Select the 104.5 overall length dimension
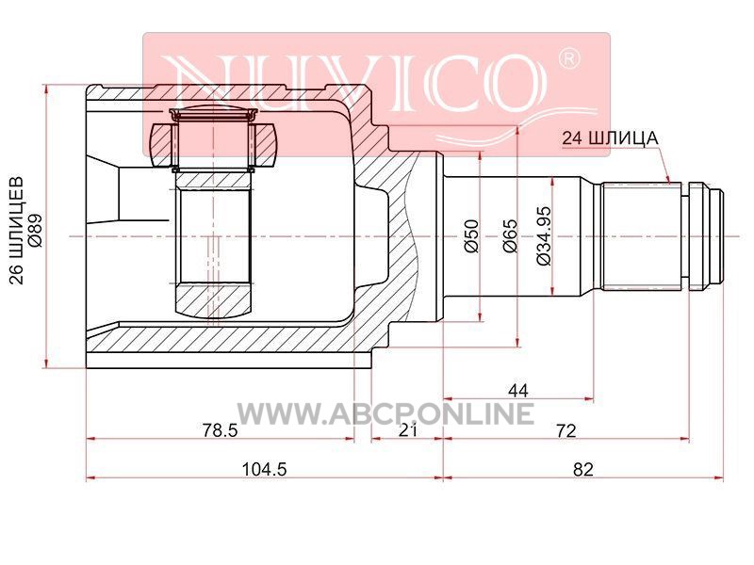(x=264, y=469)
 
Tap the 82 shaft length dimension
(x=582, y=469)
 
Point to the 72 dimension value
(x=565, y=430)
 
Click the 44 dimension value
(x=517, y=391)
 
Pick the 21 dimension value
(x=408, y=430)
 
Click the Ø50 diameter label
(x=472, y=235)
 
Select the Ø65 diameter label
(x=510, y=235)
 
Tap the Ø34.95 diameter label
(x=544, y=235)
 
